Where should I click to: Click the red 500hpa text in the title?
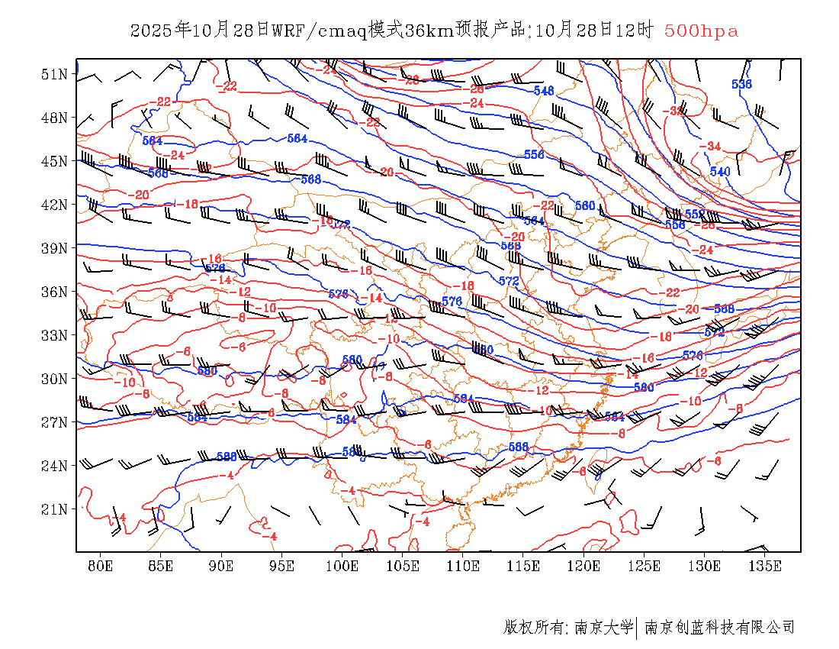click(701, 31)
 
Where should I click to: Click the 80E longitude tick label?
click(100, 566)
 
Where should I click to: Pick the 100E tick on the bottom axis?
click(342, 566)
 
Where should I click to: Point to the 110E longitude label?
click(463, 566)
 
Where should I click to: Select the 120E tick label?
click(584, 566)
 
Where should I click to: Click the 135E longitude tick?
click(765, 566)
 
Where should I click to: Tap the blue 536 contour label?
click(741, 84)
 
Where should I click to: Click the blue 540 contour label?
click(720, 171)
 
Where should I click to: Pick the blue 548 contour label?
click(544, 90)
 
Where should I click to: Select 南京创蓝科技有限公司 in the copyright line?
click(719, 628)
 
